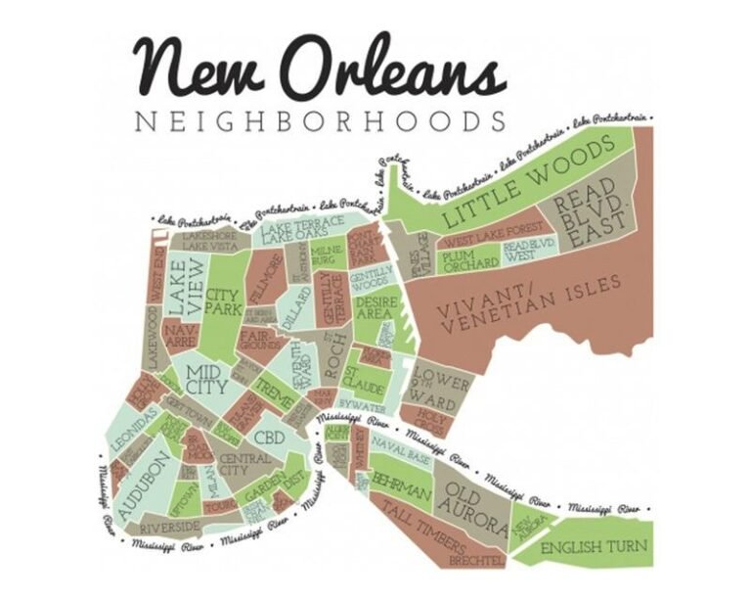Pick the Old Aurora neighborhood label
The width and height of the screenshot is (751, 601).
pyautogui.click(x=471, y=499)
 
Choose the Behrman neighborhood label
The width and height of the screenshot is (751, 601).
pyautogui.click(x=400, y=485)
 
